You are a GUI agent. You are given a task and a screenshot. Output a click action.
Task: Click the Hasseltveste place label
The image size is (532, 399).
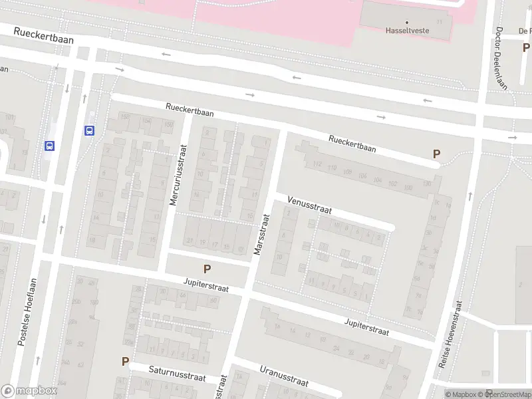[x=407, y=31]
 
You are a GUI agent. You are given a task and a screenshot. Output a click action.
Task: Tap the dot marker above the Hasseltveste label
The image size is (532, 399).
[x=407, y=22]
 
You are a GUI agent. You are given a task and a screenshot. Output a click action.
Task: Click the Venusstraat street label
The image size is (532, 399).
[x=309, y=205]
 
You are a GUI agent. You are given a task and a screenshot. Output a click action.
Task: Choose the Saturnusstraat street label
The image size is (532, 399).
[x=178, y=374]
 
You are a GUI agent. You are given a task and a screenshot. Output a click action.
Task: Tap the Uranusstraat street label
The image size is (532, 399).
[x=284, y=376]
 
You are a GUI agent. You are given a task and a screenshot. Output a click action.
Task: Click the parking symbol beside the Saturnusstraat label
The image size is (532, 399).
[x=124, y=362]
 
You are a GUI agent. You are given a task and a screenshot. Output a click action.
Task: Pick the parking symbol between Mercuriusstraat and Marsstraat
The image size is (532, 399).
[x=207, y=269]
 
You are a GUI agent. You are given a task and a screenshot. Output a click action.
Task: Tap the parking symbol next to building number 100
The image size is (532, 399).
[x=436, y=154]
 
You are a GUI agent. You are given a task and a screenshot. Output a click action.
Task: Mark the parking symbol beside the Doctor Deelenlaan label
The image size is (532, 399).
[x=526, y=48]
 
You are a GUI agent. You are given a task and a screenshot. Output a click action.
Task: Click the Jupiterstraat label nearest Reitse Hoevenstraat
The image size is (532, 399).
[x=366, y=326]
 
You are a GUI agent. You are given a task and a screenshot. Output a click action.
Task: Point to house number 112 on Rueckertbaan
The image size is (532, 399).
[x=317, y=164]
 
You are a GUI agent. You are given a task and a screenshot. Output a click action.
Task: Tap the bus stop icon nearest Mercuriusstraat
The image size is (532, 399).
[x=89, y=130]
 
